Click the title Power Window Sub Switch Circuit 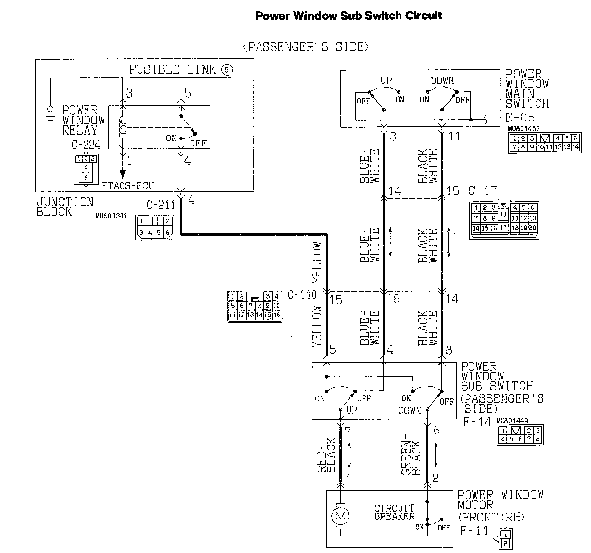point(348,16)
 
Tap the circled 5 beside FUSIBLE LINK point(226,70)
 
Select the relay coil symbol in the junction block point(122,128)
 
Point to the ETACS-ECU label point(127,185)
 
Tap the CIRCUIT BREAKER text point(394,512)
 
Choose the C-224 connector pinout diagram point(86,169)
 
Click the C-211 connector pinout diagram point(154,227)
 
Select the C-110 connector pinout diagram point(255,306)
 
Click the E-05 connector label point(520,117)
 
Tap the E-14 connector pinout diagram point(520,434)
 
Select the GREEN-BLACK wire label point(411,457)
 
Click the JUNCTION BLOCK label point(65,207)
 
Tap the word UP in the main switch point(386,81)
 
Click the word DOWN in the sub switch point(409,410)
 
